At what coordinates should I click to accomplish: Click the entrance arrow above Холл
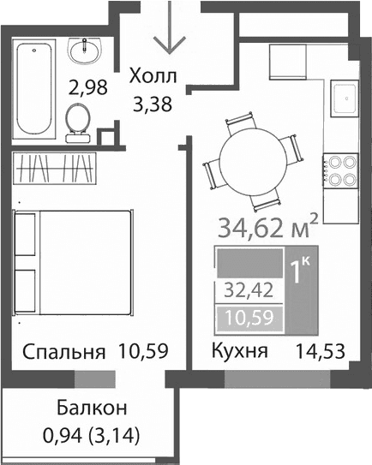[x=165, y=34]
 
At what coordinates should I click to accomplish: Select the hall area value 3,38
[x=153, y=106]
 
